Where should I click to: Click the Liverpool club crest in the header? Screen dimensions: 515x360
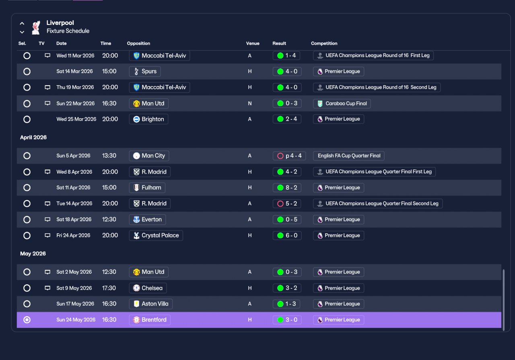(x=36, y=28)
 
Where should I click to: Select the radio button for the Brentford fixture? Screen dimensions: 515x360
(x=27, y=320)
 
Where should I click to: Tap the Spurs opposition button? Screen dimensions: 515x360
(x=145, y=72)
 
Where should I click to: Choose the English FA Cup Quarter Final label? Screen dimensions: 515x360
(x=349, y=156)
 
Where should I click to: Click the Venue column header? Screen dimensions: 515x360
(x=253, y=43)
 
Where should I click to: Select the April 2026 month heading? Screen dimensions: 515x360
(x=33, y=137)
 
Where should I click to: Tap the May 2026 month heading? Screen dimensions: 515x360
(x=33, y=253)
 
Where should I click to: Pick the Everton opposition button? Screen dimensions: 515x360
(x=147, y=220)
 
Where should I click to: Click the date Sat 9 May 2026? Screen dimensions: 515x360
(x=74, y=288)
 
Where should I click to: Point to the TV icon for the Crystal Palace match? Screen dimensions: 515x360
(x=47, y=235)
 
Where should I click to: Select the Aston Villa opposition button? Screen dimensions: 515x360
(x=151, y=304)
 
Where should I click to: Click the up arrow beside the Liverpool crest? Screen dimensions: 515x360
(x=22, y=23)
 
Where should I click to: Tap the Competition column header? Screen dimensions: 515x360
(x=324, y=43)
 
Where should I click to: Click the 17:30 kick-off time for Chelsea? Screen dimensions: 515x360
(x=109, y=288)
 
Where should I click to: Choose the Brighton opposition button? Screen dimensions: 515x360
(x=148, y=119)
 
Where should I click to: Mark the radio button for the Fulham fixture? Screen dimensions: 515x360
(x=27, y=187)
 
